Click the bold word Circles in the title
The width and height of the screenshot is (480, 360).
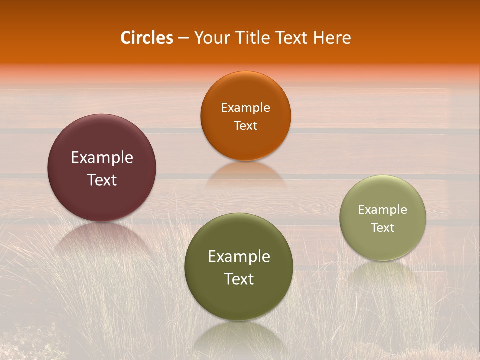(147, 38)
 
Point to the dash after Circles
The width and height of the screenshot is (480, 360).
(183, 38)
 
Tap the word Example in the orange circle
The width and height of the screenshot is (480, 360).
(245, 108)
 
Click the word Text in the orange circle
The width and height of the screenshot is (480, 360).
(245, 125)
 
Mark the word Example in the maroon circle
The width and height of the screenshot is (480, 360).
(102, 158)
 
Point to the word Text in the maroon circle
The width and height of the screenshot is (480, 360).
(102, 180)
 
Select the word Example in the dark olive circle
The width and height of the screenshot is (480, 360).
(239, 257)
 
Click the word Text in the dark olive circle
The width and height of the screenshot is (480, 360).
(239, 279)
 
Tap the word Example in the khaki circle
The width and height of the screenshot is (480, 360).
(383, 210)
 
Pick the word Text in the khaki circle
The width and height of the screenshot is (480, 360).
(383, 228)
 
